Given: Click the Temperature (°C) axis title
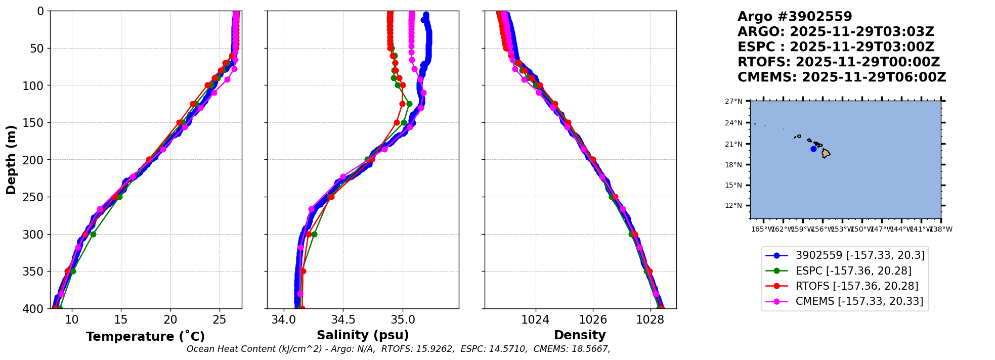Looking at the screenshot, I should [145, 337].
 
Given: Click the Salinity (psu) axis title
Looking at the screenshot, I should [363, 335].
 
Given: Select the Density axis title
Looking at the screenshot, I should [580, 335].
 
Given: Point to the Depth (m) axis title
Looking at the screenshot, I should [11, 160].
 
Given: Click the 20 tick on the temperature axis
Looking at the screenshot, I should [170, 320].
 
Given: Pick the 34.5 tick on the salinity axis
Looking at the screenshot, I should [343, 320].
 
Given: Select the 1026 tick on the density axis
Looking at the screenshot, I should [592, 320].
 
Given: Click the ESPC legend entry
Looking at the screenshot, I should [853, 271].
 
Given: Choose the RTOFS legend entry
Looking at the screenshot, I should [856, 286].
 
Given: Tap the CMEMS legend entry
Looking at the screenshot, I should [859, 301].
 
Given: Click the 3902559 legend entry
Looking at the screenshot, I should [860, 255].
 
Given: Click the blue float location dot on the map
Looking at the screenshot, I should [813, 149].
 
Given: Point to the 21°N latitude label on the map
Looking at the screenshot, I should [733, 144].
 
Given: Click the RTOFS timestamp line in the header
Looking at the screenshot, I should [838, 62].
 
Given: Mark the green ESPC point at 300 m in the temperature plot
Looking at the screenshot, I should [93, 234].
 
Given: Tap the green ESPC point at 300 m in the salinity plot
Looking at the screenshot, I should [314, 234].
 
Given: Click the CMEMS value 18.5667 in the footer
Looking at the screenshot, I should [590, 349].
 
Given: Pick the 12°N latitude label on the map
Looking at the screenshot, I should [733, 205].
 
